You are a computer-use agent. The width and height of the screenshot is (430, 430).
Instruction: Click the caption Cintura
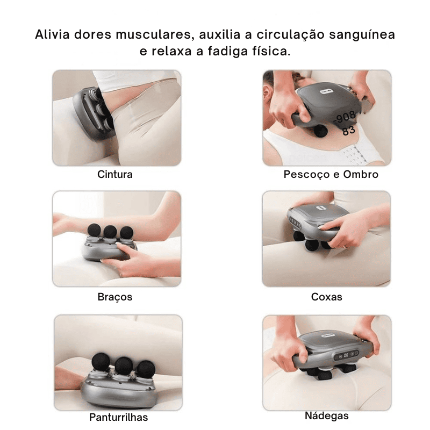(x=115, y=174)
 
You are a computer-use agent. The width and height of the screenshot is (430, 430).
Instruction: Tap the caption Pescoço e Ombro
(x=331, y=174)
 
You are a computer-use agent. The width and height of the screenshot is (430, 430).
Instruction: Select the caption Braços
(x=115, y=297)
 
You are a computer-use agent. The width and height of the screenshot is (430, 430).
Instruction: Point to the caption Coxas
(x=327, y=297)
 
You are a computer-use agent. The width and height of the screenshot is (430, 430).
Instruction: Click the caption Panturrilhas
(x=118, y=417)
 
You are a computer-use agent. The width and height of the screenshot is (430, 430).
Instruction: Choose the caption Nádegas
(x=327, y=415)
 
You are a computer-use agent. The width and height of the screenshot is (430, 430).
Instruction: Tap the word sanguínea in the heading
(x=362, y=35)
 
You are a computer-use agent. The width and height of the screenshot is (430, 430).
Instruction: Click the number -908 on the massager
(x=345, y=117)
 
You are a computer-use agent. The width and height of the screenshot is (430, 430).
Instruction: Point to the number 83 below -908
(x=349, y=131)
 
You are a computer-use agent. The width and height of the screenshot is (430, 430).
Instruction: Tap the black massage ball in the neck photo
(x=320, y=131)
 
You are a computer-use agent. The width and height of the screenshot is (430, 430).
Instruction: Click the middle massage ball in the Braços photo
(x=110, y=232)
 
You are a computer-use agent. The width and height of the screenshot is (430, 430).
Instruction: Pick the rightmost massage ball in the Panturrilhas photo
(x=146, y=369)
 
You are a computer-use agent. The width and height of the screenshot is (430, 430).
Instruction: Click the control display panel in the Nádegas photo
(x=346, y=355)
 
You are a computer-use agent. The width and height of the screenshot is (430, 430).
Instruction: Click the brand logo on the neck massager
(x=326, y=91)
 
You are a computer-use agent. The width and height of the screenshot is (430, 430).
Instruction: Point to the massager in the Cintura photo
(x=94, y=112)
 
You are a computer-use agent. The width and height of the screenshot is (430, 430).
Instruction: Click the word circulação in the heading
(x=290, y=35)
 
